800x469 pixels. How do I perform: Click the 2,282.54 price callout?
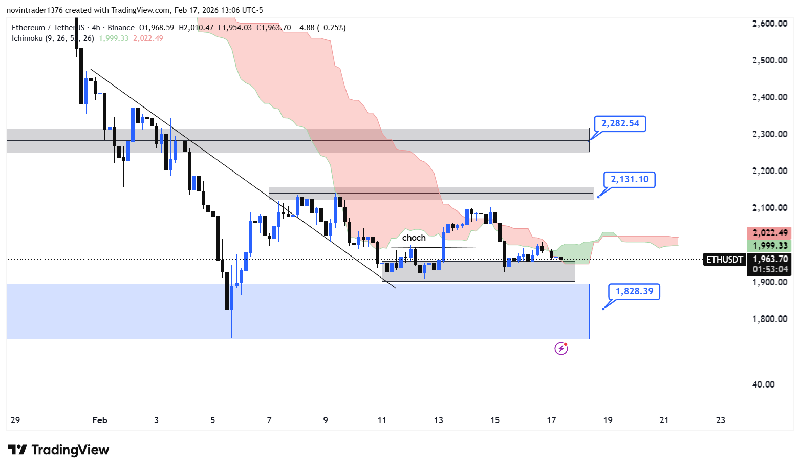point(620,123)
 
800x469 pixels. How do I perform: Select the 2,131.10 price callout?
point(629,179)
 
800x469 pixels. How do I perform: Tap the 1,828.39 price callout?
point(634,291)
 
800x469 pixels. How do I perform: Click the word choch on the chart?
point(414,238)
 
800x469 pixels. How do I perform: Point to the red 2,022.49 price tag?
point(769,233)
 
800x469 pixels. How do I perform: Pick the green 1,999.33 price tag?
point(769,246)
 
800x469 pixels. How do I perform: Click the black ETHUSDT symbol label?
point(724,260)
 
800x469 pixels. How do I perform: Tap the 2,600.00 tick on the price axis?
point(769,23)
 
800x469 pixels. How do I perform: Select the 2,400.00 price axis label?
point(769,97)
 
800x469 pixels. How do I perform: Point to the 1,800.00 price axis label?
point(769,318)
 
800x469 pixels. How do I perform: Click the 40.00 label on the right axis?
point(763,384)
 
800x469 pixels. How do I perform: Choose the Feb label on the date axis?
point(100,420)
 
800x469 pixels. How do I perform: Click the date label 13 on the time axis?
point(438,420)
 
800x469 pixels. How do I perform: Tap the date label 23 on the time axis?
point(720,420)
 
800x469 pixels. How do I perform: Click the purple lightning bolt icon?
point(561,349)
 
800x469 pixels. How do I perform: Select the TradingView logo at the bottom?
point(58,450)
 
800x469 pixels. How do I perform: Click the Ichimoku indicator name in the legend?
point(27,38)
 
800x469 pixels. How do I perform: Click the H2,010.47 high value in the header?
point(197,28)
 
